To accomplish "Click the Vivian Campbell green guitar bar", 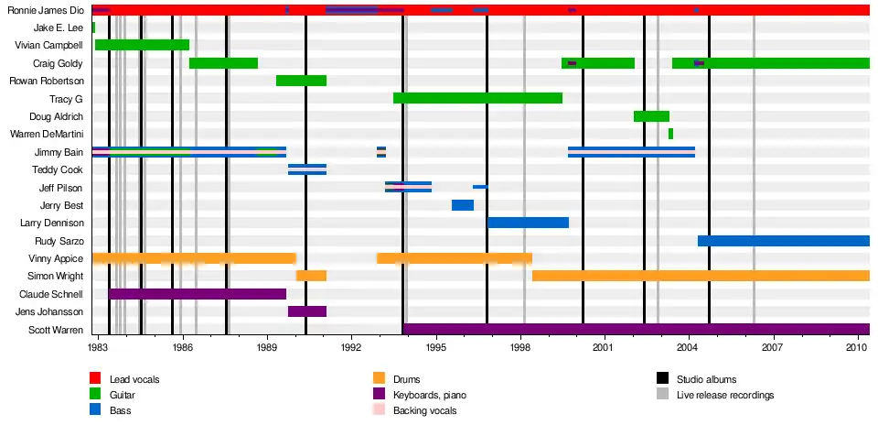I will (x=142, y=45).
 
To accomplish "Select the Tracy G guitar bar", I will (x=477, y=98).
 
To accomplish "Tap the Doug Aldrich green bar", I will (x=651, y=116).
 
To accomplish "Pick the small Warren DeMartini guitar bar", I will (x=670, y=134).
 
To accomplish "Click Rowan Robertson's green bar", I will (x=301, y=81).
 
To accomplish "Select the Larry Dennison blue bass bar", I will (x=528, y=223).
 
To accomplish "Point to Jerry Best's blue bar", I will (x=462, y=205).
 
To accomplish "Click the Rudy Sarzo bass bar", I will (x=783, y=241).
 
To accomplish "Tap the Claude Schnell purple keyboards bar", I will (x=198, y=294).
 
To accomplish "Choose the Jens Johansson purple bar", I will (x=306, y=311).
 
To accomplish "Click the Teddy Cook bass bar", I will (x=306, y=169).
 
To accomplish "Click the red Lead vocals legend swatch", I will (x=94, y=378).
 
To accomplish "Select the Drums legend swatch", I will (x=379, y=378).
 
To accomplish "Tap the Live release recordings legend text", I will (x=725, y=395).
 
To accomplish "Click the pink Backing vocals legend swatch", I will (x=379, y=411).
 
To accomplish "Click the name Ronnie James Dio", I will (x=45, y=10).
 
